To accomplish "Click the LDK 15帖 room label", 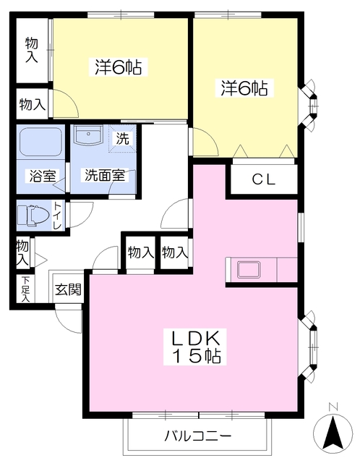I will point(195,347).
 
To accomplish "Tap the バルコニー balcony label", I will point(197,436).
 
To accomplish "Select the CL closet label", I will point(263,180).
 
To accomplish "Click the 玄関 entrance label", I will point(68,290).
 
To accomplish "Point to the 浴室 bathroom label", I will point(40,175).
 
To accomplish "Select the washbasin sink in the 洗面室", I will point(91,135).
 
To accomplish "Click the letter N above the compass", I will point(332,407).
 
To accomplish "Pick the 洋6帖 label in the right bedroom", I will point(244,88).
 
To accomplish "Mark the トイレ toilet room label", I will point(57,216).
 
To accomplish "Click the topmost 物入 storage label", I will point(31,50).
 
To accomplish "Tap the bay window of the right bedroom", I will point(312,100).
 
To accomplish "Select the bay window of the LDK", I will point(312,340).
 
